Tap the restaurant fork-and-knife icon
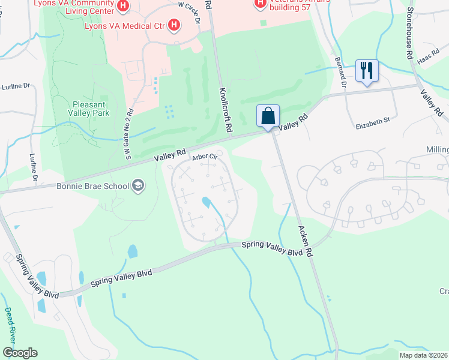tap(366, 71)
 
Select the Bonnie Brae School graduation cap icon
tap(139, 185)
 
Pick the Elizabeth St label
tap(373, 120)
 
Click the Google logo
tap(20, 353)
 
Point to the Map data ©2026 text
tap(423, 355)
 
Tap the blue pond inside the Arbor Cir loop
tap(206, 203)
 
